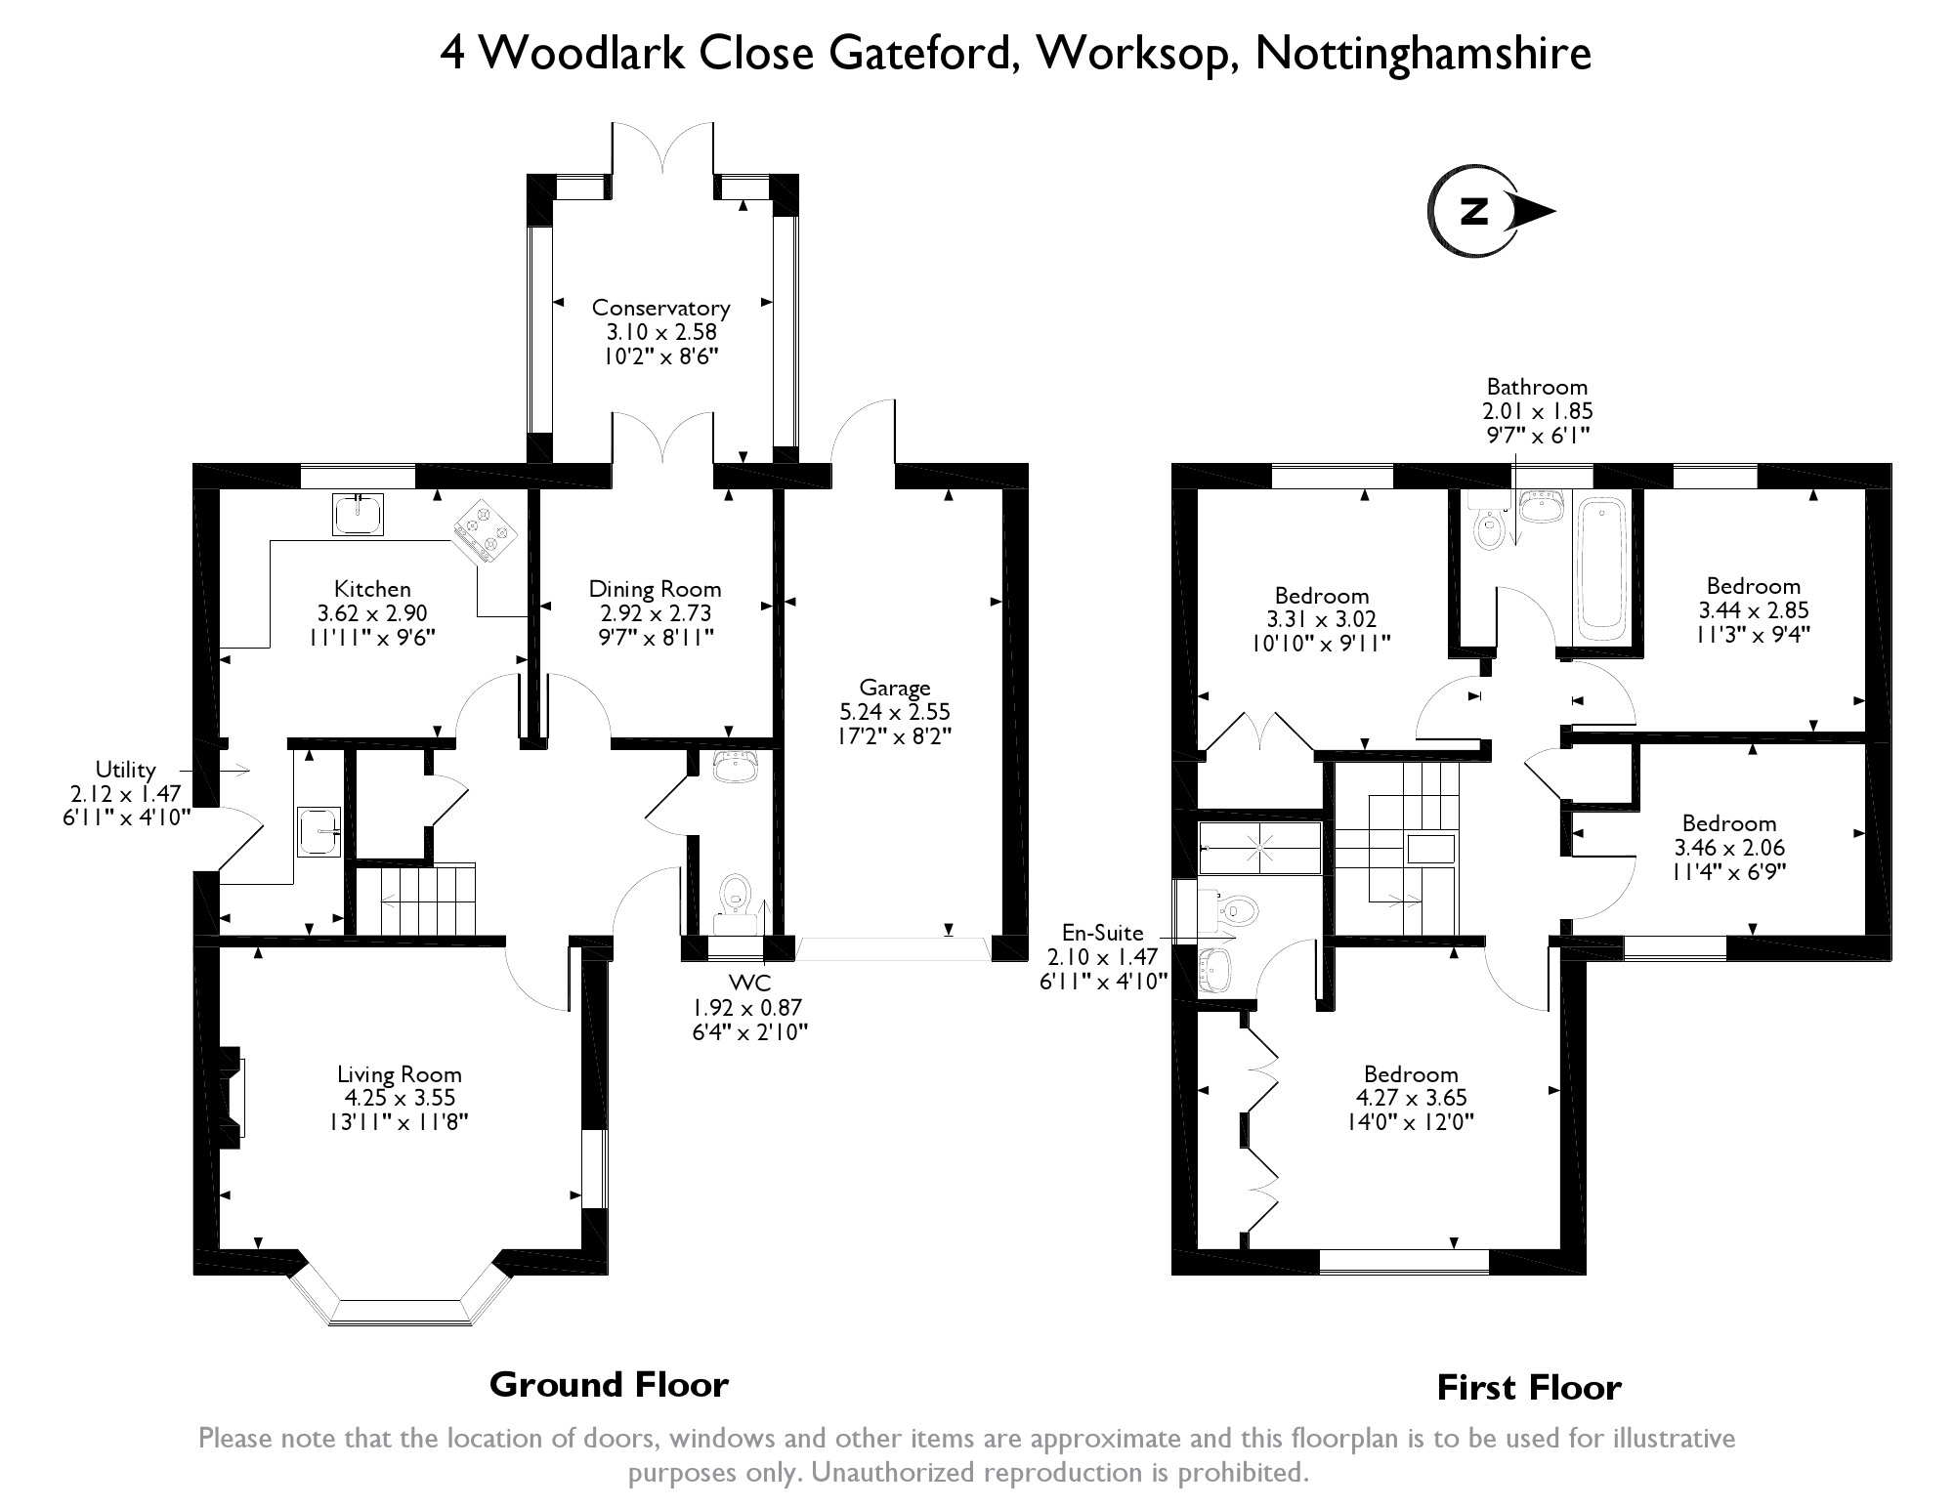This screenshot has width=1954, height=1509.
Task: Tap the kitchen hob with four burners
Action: [485, 530]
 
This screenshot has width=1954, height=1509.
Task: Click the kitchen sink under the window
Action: [358, 515]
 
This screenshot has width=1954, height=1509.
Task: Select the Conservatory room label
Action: [660, 308]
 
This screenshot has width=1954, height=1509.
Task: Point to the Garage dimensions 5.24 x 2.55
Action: [894, 712]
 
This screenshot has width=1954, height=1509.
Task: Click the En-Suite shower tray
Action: [1259, 847]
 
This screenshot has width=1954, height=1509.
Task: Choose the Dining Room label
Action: [655, 589]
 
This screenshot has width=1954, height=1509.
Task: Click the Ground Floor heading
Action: [609, 1385]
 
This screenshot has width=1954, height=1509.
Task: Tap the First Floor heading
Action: [1528, 1388]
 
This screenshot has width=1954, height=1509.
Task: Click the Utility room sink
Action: [319, 831]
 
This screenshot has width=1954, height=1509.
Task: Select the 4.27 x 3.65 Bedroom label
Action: [1411, 1098]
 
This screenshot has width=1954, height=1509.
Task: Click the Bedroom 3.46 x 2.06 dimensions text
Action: [1728, 848]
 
